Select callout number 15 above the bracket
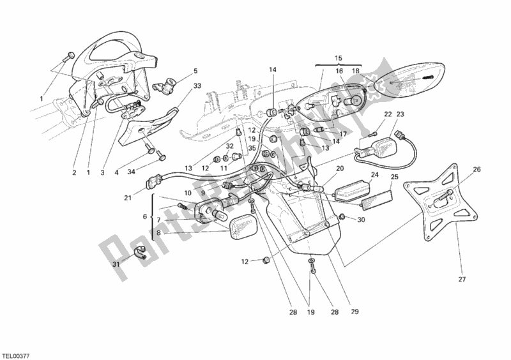339,59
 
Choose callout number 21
128,197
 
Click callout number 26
477,169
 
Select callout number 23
400,114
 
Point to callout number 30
361,220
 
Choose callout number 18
356,71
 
